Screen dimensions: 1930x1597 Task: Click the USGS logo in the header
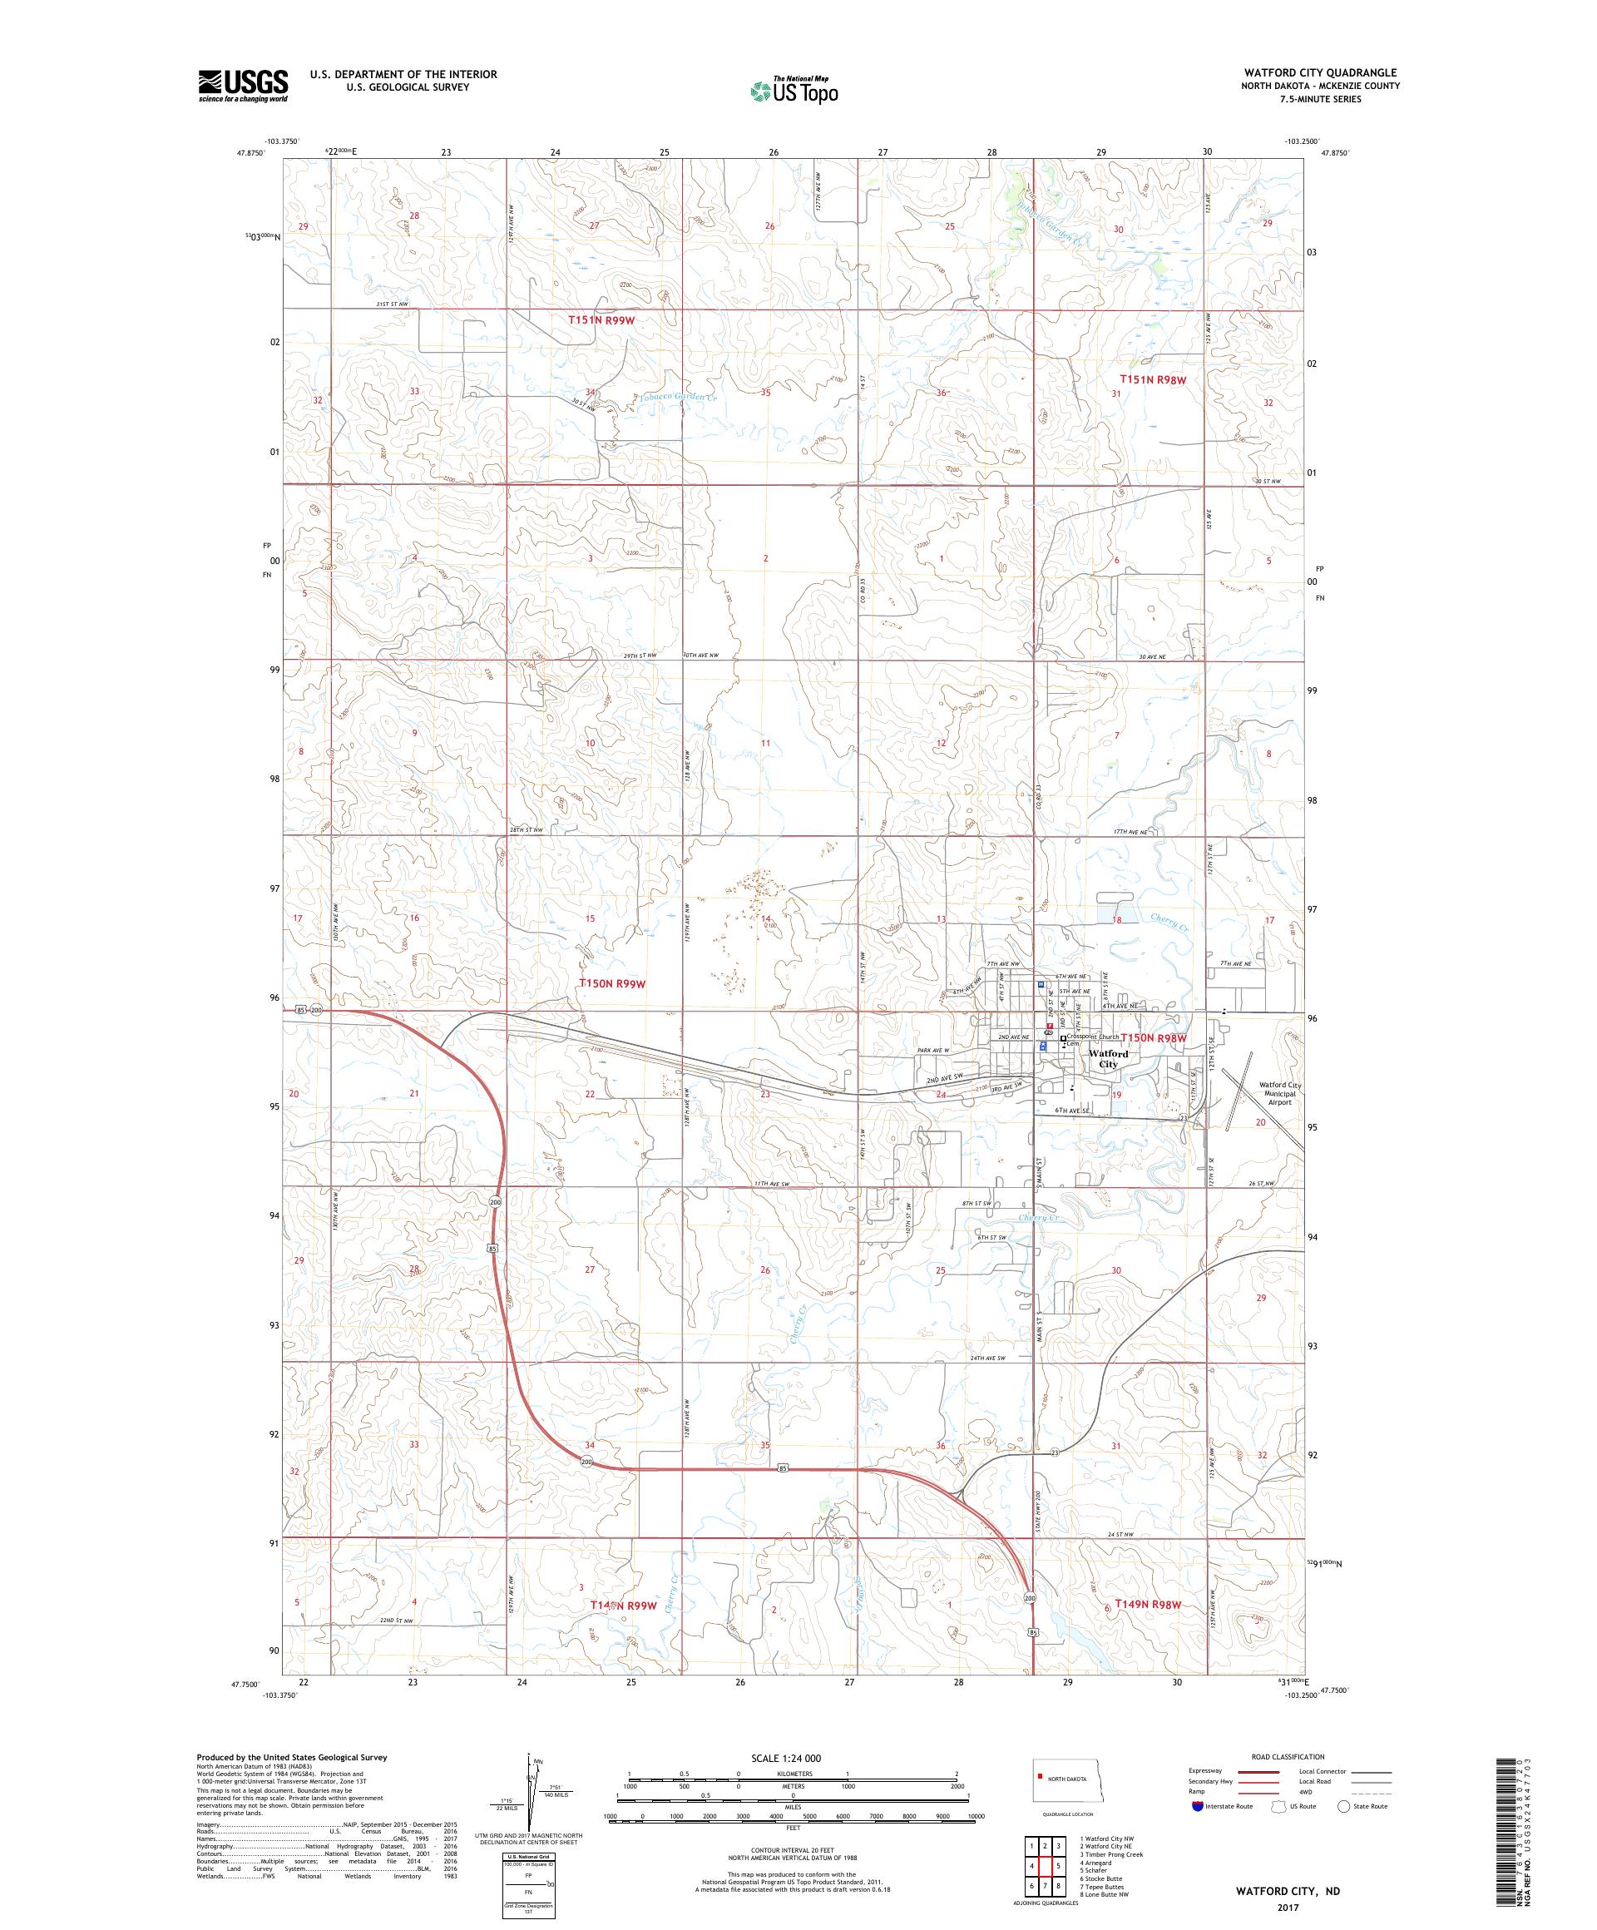[243, 87]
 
